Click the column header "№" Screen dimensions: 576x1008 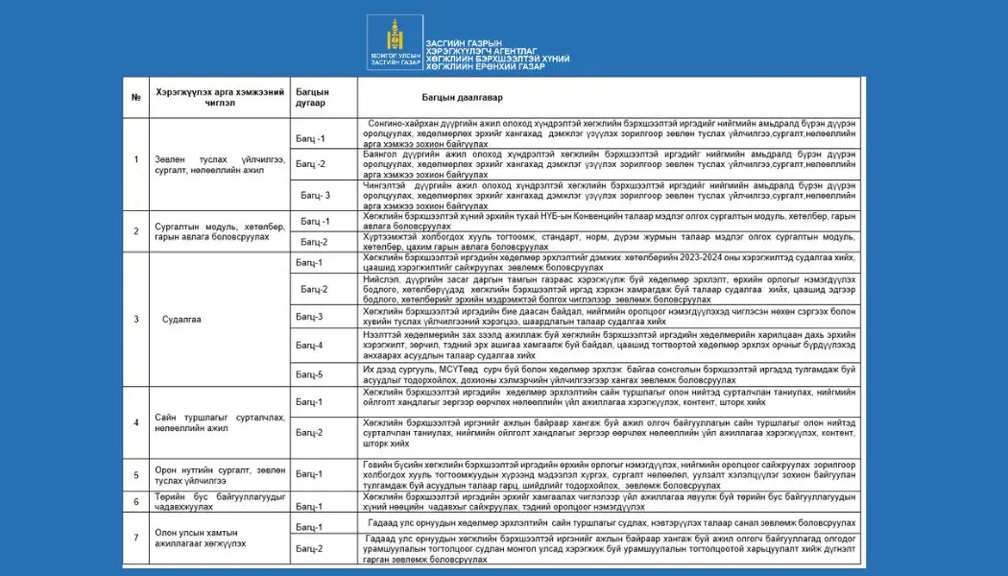click(136, 98)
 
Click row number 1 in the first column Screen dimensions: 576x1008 click(136, 158)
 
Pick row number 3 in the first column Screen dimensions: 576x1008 click(136, 319)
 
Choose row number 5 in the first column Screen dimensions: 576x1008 click(136, 473)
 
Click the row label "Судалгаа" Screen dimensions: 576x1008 click(181, 319)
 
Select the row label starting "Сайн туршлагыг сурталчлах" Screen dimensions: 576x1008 click(208, 423)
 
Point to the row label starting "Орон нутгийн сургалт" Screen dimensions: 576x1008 click(207, 473)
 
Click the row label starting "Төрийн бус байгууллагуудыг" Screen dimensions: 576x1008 click(207, 502)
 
